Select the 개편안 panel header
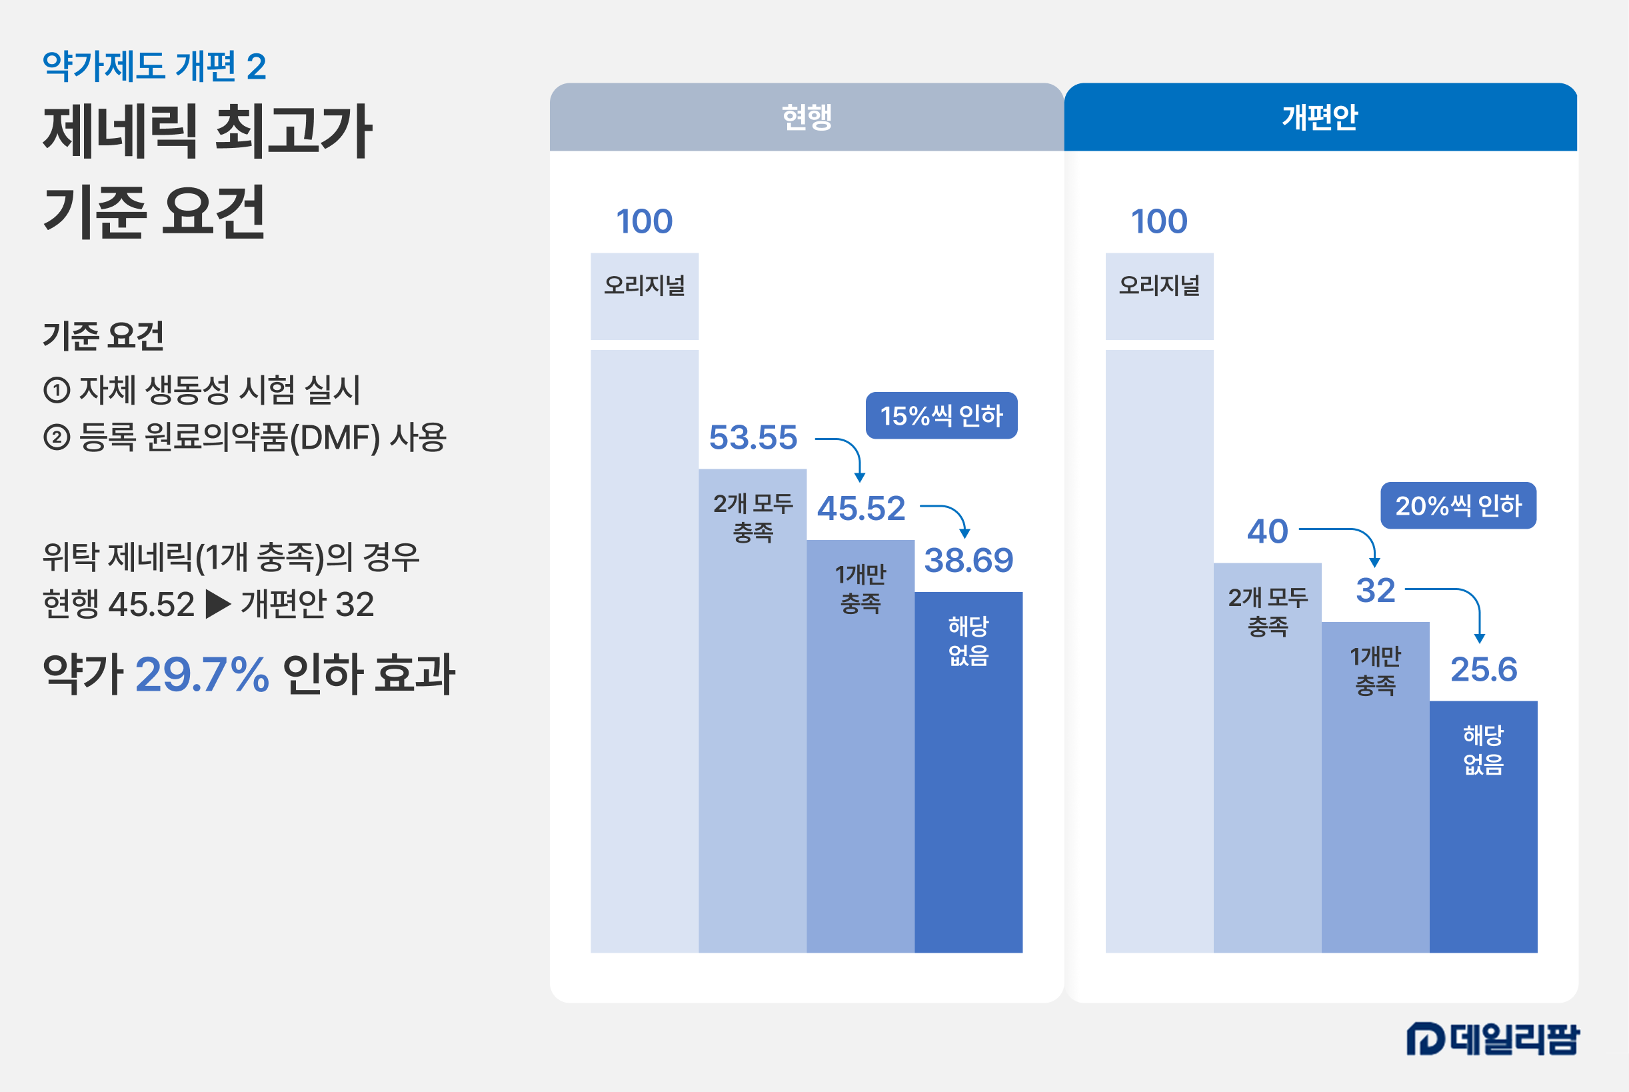click(1320, 117)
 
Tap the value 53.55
click(753, 438)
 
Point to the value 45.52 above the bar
click(861, 509)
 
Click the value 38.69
click(968, 561)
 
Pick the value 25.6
click(1484, 670)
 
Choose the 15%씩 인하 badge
click(941, 416)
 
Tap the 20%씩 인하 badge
click(1458, 505)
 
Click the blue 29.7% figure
click(202, 674)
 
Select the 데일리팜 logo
click(1492, 1039)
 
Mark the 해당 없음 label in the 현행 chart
click(968, 641)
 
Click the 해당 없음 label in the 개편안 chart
click(1484, 749)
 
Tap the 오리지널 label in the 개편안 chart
click(1159, 285)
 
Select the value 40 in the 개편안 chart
click(1267, 531)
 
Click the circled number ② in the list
click(57, 437)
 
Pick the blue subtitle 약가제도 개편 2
click(155, 67)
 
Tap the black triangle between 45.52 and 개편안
click(218, 605)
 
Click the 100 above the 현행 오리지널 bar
click(644, 221)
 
